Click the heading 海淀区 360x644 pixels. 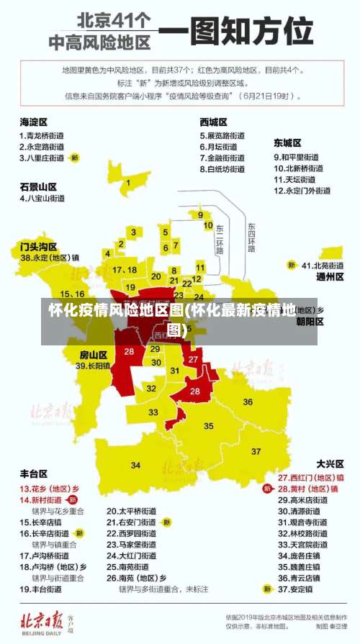click(33, 122)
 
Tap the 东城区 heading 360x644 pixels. click(287, 143)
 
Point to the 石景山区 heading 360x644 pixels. click(38, 186)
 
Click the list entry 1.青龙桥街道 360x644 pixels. click(42, 135)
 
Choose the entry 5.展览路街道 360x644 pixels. click(222, 135)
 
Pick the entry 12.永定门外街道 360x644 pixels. click(302, 191)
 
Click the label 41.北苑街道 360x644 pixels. click(323, 265)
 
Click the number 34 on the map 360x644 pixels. click(136, 466)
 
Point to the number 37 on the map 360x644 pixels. click(256, 451)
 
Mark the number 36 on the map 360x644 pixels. click(248, 402)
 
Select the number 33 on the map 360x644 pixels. click(153, 412)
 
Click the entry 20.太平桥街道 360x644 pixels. click(131, 511)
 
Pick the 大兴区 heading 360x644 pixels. click(330, 463)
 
